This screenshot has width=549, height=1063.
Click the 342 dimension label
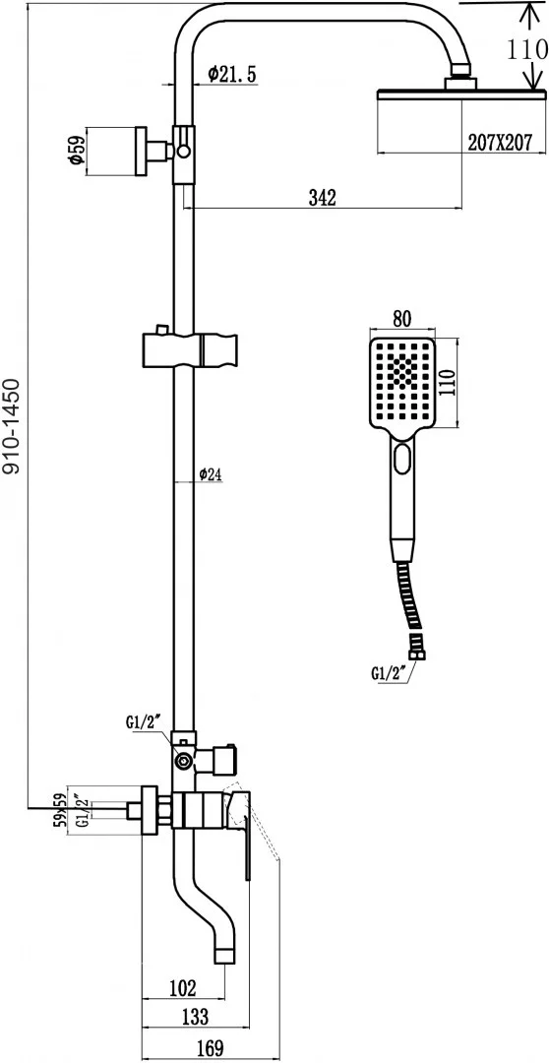tap(322, 197)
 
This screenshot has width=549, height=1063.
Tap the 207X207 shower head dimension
tap(500, 142)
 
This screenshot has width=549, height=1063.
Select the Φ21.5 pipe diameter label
tap(232, 75)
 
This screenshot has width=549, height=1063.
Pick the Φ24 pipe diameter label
tap(211, 475)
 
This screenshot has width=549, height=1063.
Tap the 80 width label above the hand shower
tap(402, 318)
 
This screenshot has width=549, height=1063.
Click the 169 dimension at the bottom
tap(211, 1047)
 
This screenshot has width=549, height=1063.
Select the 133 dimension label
tap(195, 1016)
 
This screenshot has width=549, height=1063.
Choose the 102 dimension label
tap(182, 988)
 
